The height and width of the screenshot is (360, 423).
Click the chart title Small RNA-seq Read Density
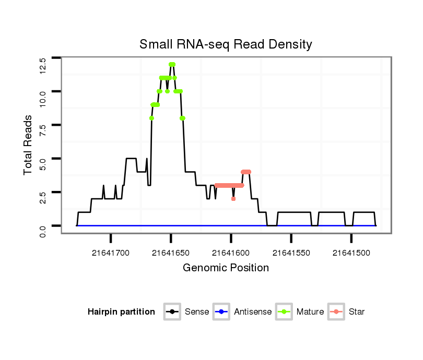(x=226, y=44)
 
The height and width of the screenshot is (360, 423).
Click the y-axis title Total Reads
(x=28, y=145)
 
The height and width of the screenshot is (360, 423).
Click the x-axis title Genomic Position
(x=226, y=268)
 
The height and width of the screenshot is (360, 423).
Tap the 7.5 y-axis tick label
(x=43, y=130)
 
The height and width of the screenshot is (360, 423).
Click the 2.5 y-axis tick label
(x=43, y=197)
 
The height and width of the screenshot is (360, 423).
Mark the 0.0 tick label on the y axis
(x=43, y=231)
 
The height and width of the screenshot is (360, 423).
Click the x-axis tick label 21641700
(x=111, y=253)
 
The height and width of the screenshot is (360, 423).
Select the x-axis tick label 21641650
(x=171, y=253)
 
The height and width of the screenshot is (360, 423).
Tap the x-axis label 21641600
(x=231, y=253)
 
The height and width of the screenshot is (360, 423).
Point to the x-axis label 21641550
(x=291, y=253)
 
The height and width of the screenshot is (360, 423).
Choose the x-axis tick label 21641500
(x=351, y=253)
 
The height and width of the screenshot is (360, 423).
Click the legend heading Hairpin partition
(x=121, y=312)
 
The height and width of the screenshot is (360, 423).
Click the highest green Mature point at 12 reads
(x=172, y=65)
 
